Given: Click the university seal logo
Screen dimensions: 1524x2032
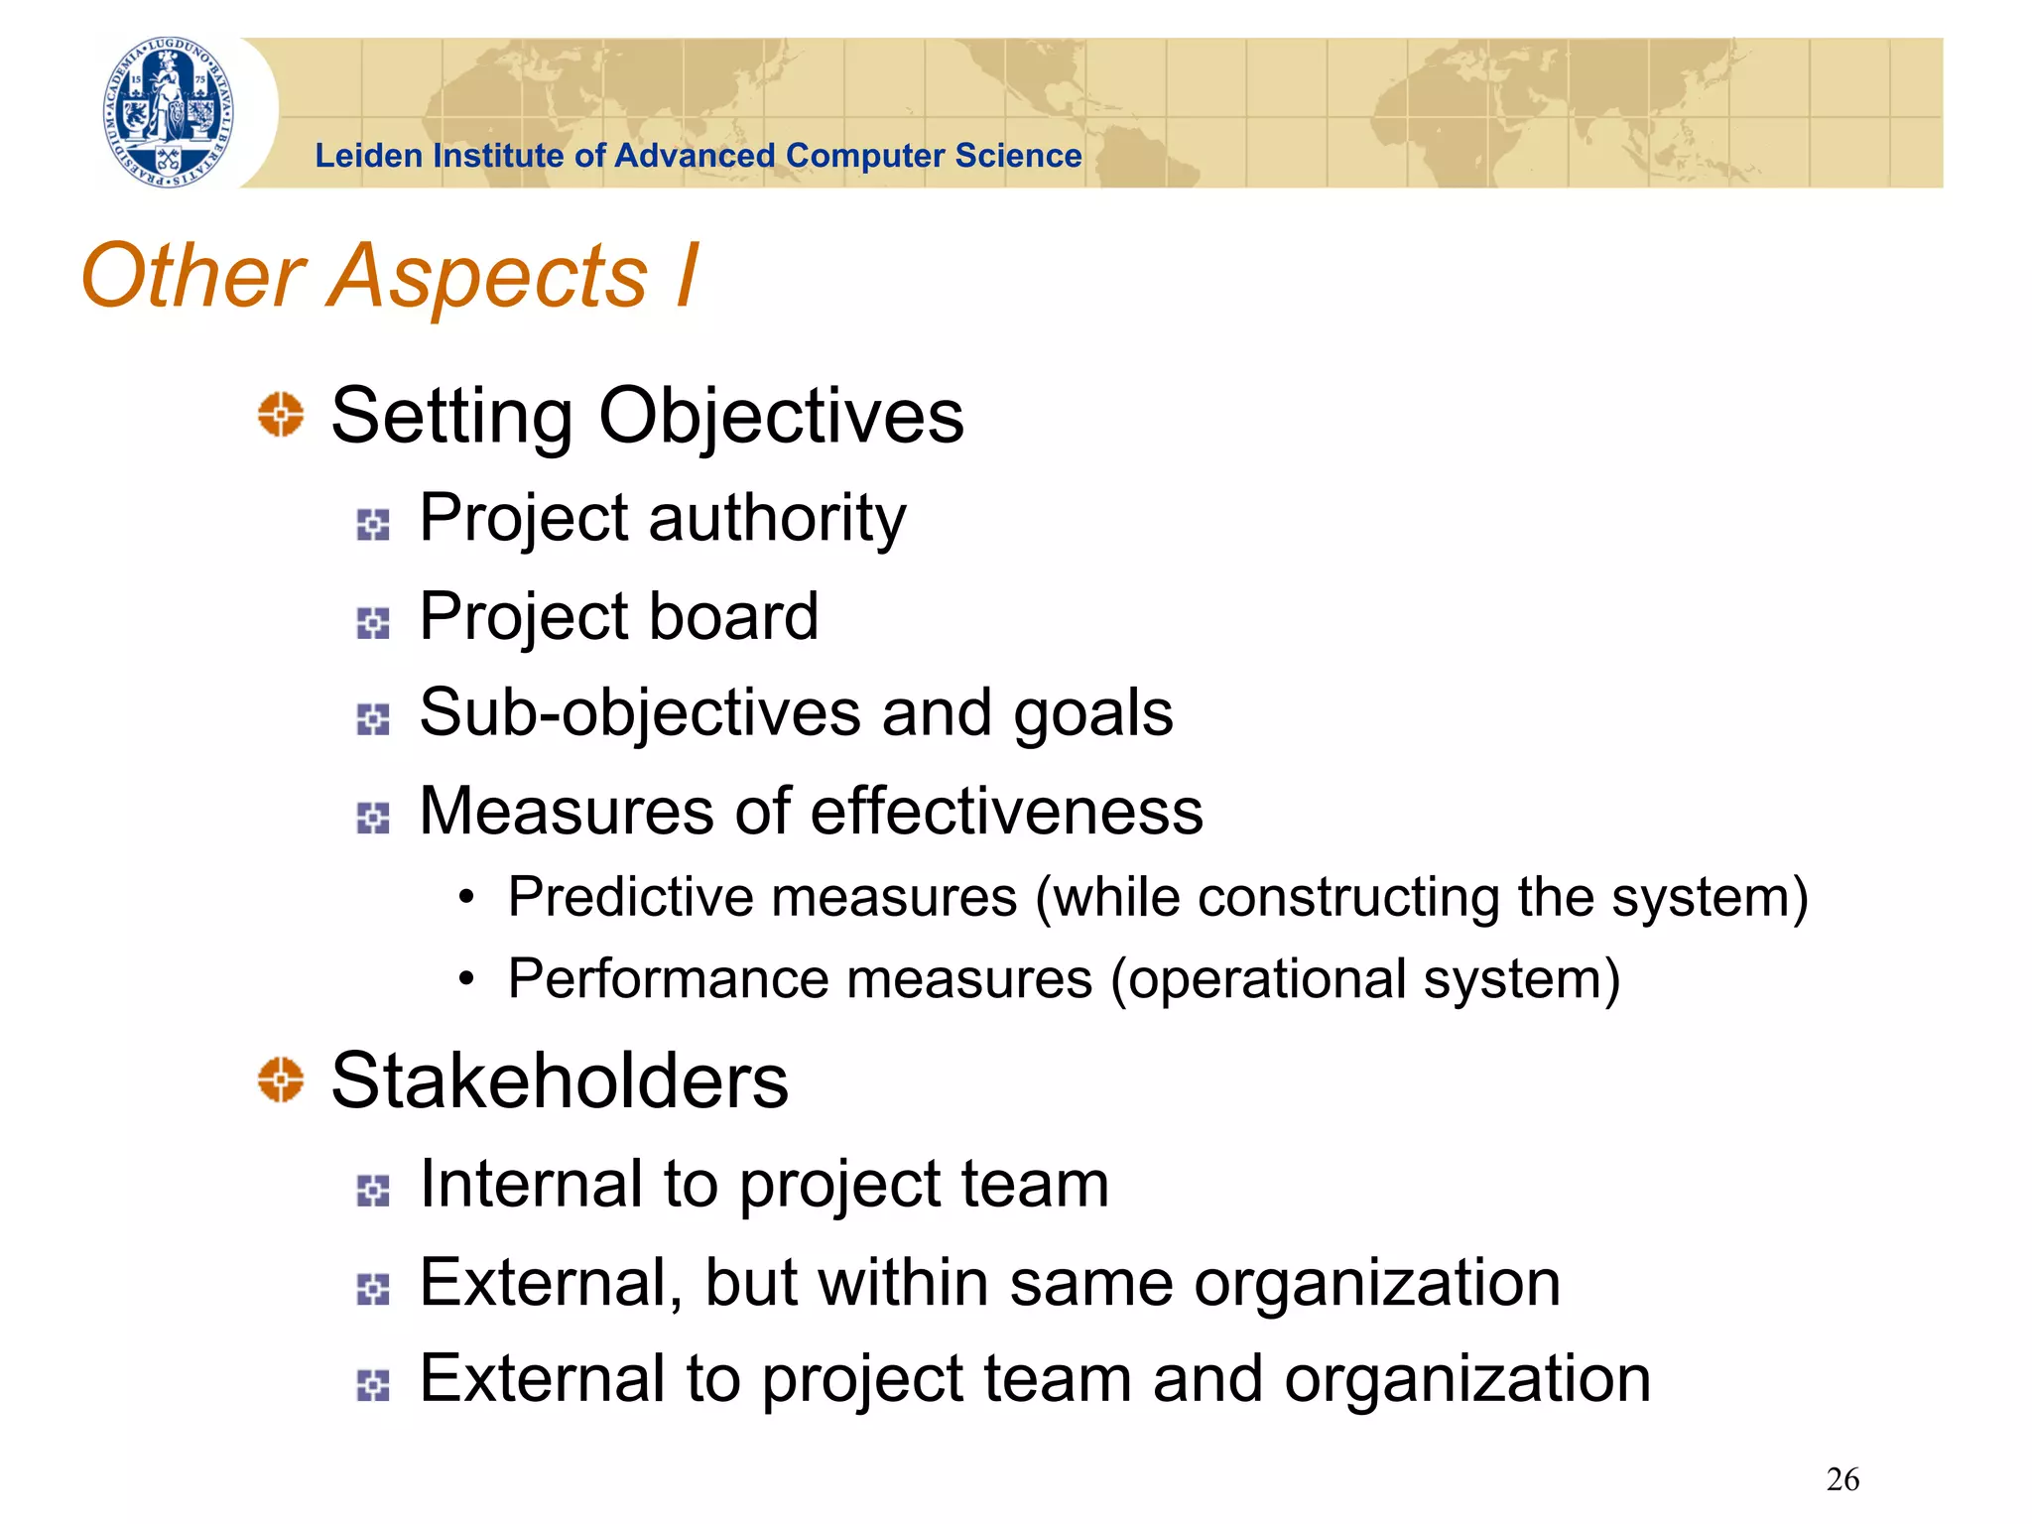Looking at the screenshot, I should coord(170,112).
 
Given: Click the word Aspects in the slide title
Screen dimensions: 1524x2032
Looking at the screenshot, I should coord(487,277).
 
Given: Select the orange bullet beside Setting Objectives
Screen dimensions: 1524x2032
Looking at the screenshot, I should coord(281,414).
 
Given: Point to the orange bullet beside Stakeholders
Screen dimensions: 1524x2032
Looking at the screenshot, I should coord(281,1079).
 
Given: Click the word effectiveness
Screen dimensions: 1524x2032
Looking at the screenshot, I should coord(1007,811).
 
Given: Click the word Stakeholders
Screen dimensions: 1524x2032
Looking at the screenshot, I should coord(560,1080).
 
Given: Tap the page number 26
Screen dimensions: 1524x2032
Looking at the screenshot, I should coord(1842,1479).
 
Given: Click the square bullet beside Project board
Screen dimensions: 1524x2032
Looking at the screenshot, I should coord(373,623).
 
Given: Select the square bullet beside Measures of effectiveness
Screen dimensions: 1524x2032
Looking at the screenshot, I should coord(373,818).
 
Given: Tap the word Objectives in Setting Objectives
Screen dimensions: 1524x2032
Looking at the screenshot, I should coord(781,416).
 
